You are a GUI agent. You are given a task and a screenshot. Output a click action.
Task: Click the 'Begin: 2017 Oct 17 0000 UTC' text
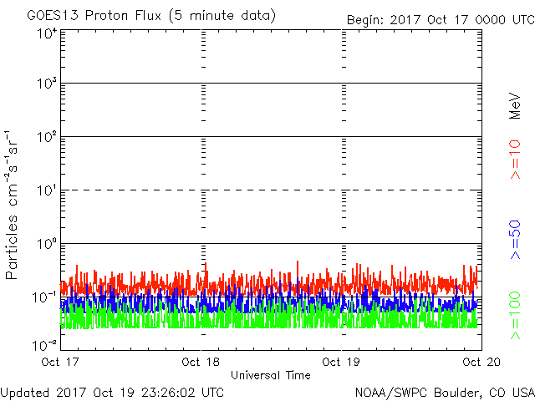441,20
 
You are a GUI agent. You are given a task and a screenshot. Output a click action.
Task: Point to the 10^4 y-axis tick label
47,33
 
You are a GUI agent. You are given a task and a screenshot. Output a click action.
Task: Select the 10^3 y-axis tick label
47,83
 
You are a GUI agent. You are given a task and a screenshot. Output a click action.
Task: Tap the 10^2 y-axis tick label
47,137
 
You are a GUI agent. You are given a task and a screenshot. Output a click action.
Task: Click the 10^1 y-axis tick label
47,190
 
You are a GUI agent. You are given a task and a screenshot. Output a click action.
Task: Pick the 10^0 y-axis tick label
47,244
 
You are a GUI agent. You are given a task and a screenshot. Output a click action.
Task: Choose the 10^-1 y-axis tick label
44,297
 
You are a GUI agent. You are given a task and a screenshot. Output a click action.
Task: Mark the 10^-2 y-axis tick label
44,345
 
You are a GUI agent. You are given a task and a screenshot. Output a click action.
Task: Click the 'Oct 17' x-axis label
60,362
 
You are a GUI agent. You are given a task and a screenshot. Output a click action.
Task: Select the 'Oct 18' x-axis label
201,362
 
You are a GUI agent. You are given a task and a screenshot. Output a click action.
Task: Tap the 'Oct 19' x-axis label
341,362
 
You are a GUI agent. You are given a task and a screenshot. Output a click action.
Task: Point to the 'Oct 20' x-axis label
481,362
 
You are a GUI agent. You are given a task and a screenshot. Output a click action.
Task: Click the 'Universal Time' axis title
271,375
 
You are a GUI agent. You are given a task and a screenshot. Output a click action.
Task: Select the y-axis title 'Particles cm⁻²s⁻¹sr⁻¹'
11,205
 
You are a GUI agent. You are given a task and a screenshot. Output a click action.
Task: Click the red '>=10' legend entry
515,160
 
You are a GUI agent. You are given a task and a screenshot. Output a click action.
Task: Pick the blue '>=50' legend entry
515,240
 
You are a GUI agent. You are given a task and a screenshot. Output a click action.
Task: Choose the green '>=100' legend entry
515,316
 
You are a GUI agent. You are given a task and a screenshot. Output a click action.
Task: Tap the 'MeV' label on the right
515,106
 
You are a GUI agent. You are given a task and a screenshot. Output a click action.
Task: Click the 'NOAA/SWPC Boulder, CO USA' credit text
445,393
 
